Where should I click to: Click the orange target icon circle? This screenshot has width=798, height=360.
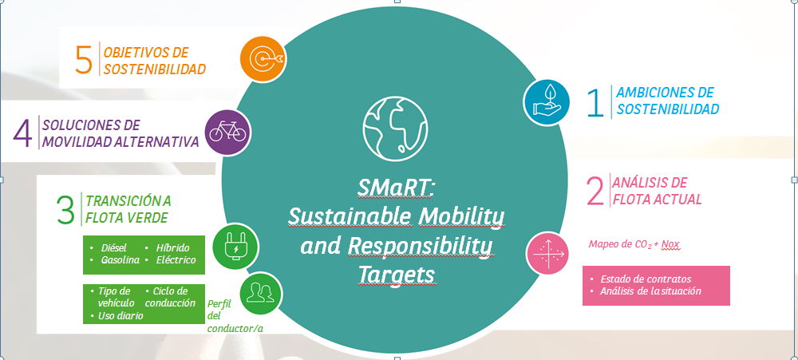pyautogui.click(x=263, y=59)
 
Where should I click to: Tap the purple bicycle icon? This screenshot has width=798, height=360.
pyautogui.click(x=228, y=133)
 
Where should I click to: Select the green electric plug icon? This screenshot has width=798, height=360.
pyautogui.click(x=235, y=247)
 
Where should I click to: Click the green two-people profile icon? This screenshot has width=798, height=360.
pyautogui.click(x=261, y=294)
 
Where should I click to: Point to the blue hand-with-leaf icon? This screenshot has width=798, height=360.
pyautogui.click(x=547, y=102)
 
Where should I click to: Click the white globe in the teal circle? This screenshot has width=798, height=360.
pyautogui.click(x=396, y=127)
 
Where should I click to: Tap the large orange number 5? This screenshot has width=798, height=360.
pyautogui.click(x=84, y=60)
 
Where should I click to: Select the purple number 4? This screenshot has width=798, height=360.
pyautogui.click(x=22, y=134)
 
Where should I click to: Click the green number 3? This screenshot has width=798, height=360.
pyautogui.click(x=65, y=209)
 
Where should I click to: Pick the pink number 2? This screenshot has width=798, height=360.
pyautogui.click(x=595, y=191)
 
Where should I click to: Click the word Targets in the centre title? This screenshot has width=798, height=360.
pyautogui.click(x=397, y=274)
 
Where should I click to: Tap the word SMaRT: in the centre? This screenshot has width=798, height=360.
pyautogui.click(x=396, y=188)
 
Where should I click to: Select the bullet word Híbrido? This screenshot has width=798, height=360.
pyautogui.click(x=172, y=248)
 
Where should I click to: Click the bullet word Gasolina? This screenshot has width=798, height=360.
pyautogui.click(x=120, y=259)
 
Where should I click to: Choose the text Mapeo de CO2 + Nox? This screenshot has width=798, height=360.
pyautogui.click(x=634, y=244)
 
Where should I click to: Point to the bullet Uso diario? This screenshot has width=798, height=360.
pyautogui.click(x=120, y=316)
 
